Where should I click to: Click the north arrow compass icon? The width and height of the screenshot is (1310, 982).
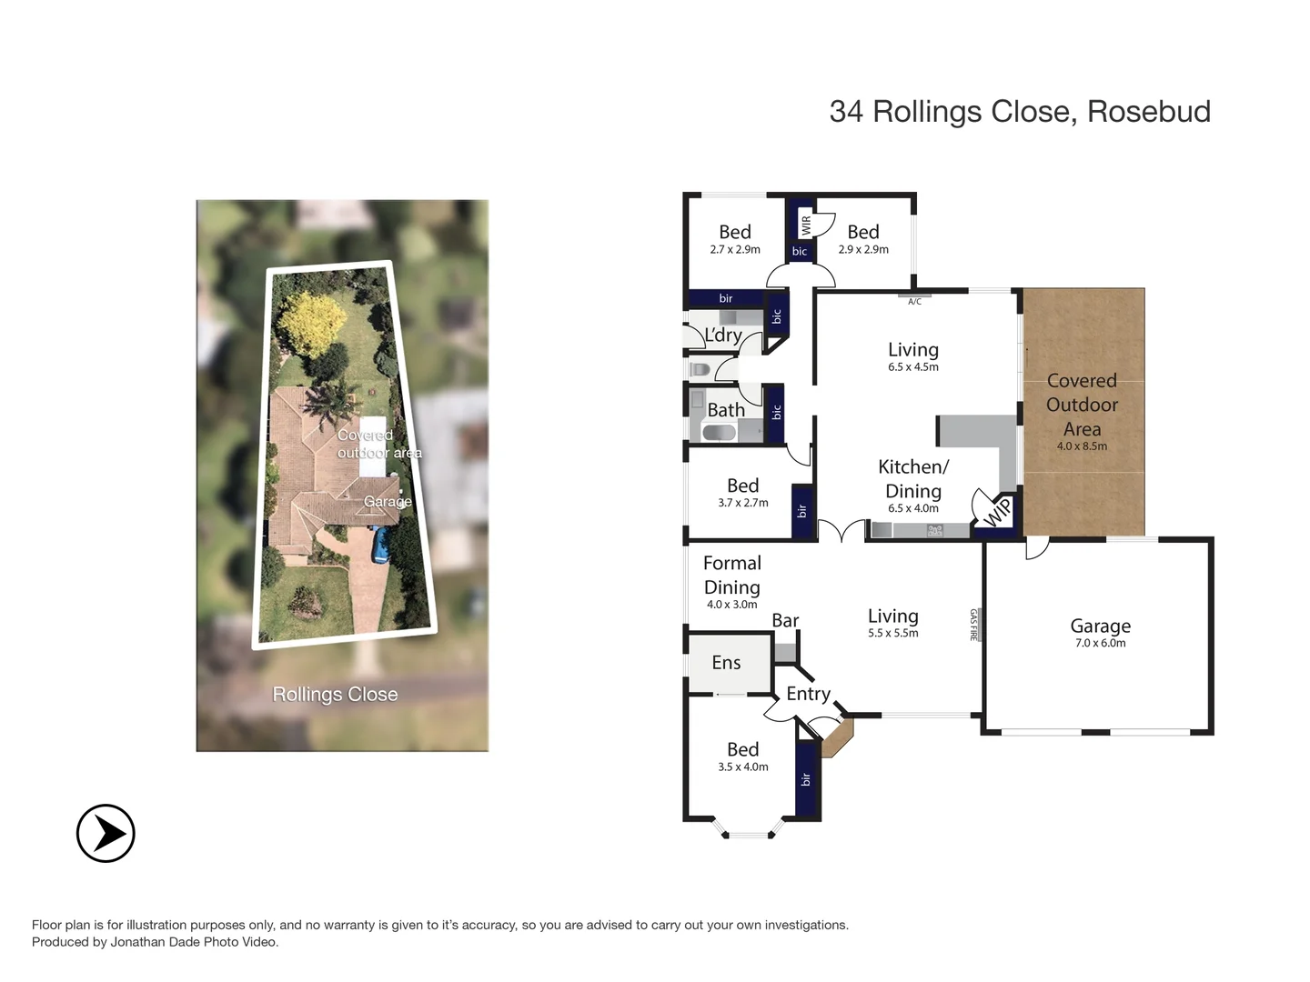click(x=106, y=833)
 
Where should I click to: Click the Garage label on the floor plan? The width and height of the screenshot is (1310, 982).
click(x=1100, y=626)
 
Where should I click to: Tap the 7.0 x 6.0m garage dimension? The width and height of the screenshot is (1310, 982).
click(x=1100, y=643)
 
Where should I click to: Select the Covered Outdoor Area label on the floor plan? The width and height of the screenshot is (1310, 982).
click(x=1082, y=405)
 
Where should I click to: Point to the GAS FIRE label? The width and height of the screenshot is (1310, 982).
click(x=973, y=625)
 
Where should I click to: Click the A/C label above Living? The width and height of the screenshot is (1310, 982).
click(x=914, y=301)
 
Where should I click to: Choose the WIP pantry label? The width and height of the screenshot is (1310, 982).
click(x=997, y=513)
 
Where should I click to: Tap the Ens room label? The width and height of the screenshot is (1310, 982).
click(x=726, y=663)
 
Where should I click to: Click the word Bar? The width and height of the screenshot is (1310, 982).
click(x=785, y=620)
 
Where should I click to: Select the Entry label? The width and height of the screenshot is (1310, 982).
click(x=808, y=694)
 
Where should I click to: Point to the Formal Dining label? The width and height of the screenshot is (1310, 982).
click(x=732, y=576)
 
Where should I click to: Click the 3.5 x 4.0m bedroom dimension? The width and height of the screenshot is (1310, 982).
click(x=742, y=767)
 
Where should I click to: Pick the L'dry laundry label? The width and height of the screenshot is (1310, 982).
click(x=723, y=336)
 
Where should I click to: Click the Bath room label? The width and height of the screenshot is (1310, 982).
click(x=726, y=410)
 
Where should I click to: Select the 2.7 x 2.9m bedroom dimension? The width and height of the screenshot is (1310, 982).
click(x=734, y=249)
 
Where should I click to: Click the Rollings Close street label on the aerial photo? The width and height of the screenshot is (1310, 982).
click(x=335, y=694)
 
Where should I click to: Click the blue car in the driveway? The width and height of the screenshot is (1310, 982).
click(x=381, y=544)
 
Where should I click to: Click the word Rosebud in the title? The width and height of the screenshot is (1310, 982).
click(x=1148, y=112)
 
